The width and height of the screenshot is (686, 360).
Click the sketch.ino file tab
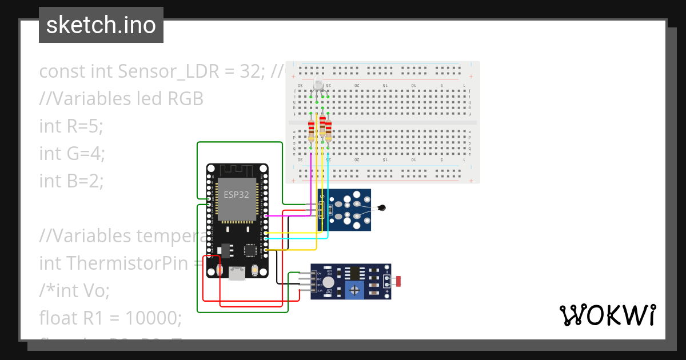point(101,25)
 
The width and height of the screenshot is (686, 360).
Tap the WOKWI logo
point(607,315)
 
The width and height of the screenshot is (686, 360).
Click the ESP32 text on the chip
point(236,194)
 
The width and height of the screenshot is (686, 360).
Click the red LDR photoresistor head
point(398,281)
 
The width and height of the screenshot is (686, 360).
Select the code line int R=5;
point(71,126)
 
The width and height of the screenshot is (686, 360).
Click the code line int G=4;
point(72,153)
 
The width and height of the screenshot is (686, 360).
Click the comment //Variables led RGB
point(121,98)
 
